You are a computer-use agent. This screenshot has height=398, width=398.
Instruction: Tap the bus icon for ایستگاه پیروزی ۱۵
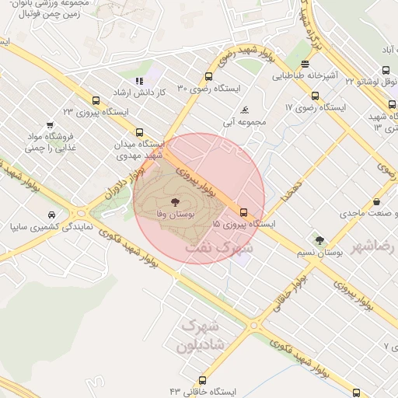point(243,212)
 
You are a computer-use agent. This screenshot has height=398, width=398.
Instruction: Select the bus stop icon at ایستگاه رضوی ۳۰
point(208,77)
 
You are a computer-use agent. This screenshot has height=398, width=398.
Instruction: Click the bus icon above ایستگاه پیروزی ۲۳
point(96,100)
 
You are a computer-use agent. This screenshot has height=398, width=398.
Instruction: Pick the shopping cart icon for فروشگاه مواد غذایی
point(50,124)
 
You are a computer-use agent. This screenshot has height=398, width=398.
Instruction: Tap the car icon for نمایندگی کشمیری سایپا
point(51,214)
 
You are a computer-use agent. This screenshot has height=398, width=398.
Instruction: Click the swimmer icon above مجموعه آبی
point(246,109)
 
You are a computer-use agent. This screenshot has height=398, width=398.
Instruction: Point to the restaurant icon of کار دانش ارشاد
point(139,81)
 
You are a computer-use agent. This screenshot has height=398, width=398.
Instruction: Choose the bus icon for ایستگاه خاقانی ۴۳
point(203,381)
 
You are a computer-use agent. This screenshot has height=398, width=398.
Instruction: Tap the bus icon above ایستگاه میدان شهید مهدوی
point(139,132)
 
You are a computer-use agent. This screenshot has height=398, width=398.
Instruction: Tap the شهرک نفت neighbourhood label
point(220,249)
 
